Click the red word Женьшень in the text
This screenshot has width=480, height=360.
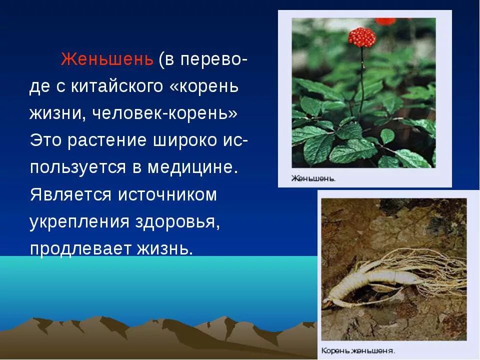[106, 59]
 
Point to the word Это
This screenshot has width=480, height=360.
[45, 140]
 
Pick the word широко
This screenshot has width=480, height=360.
[179, 140]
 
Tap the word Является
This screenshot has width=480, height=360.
[69, 194]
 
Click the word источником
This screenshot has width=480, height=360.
[167, 194]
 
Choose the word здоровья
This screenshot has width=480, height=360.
[177, 221]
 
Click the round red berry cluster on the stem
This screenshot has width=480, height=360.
[362, 37]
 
